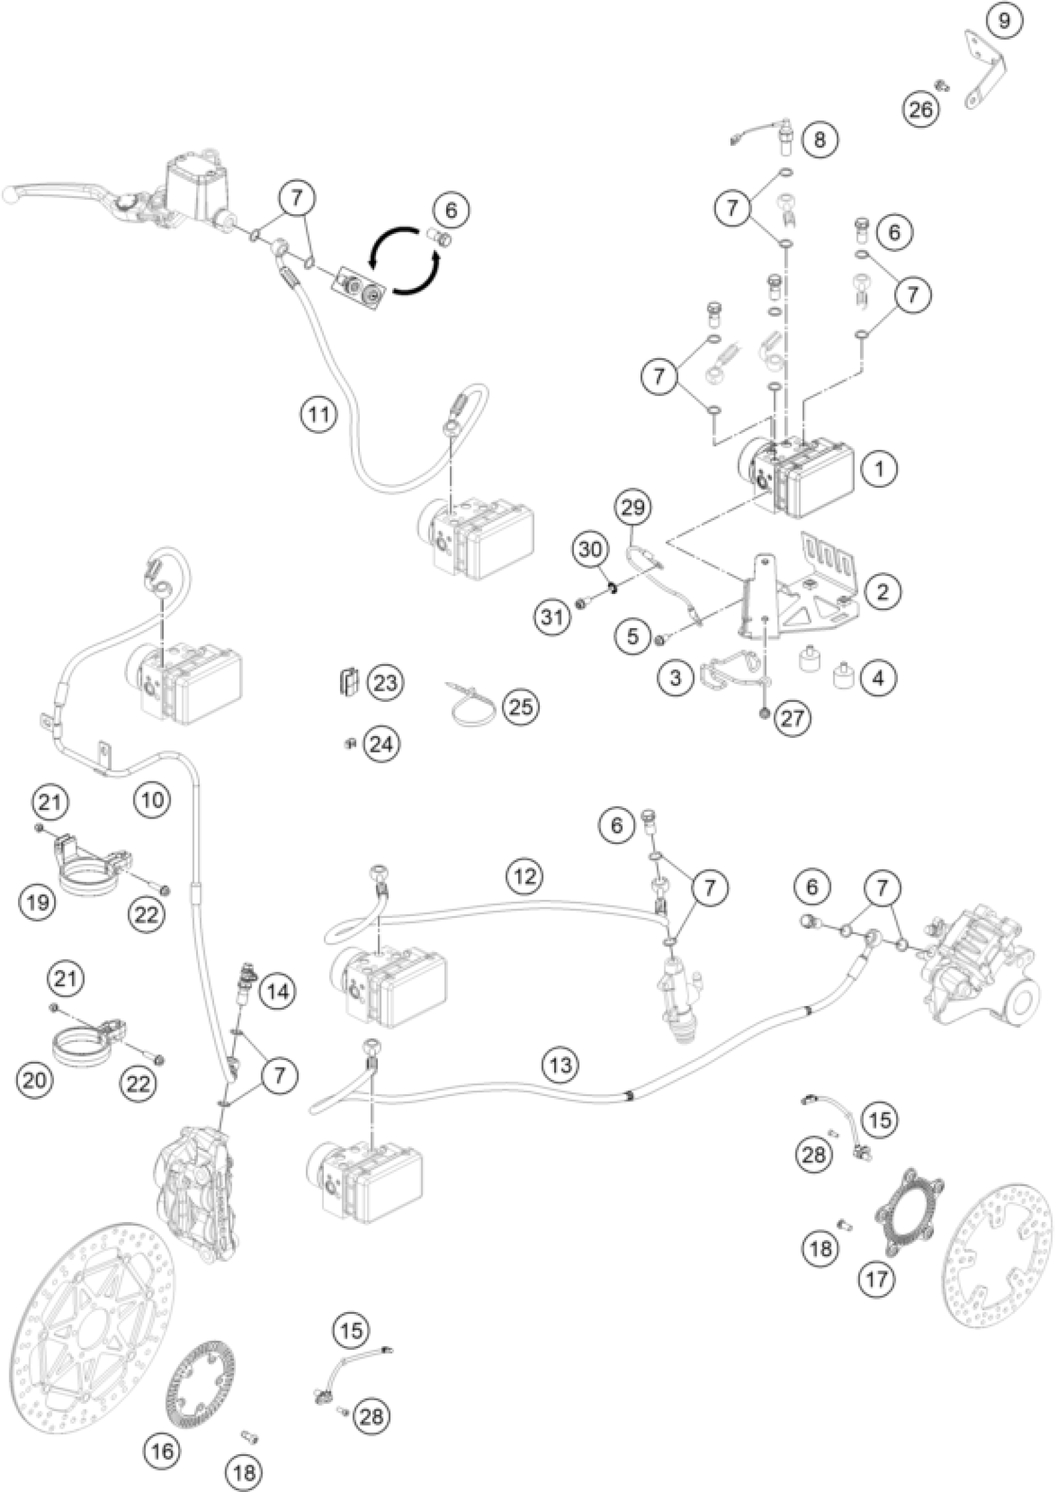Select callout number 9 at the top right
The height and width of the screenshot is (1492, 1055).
point(1003,21)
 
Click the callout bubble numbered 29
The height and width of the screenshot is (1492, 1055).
point(634,508)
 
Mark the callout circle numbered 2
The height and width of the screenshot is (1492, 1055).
point(882,591)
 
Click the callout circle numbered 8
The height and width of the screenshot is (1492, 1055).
point(820,139)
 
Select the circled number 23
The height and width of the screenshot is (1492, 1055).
point(385,683)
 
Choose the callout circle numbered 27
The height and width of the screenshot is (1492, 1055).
point(792,719)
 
